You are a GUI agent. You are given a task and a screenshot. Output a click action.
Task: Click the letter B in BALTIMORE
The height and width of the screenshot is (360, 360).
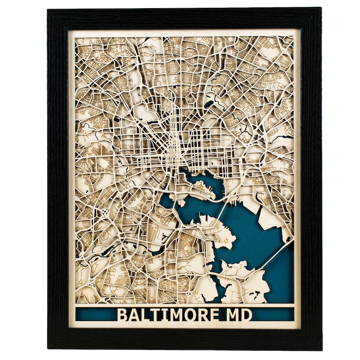123,314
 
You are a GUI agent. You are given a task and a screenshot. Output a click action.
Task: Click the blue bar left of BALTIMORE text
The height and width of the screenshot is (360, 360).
95,314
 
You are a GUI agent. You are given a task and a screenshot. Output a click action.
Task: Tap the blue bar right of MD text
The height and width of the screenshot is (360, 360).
272,314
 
